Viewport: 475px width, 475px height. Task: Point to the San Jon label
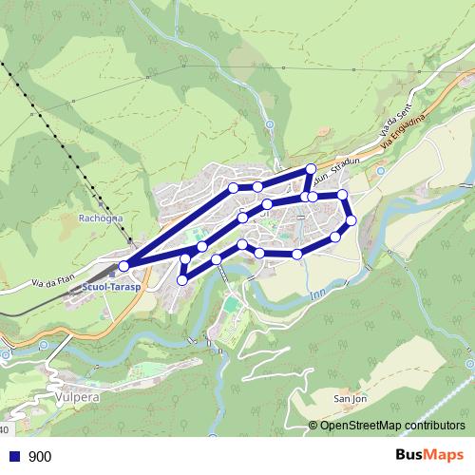tap(351, 399)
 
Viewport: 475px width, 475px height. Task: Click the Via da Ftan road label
tap(54, 280)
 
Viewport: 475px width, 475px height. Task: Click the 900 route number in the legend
tap(40, 456)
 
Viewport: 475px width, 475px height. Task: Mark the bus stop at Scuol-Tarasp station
tap(123, 265)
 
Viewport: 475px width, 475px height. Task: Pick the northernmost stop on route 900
tap(311, 169)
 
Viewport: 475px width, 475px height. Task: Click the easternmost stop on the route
tap(351, 220)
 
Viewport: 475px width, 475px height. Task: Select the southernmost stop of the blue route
tap(181, 279)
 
